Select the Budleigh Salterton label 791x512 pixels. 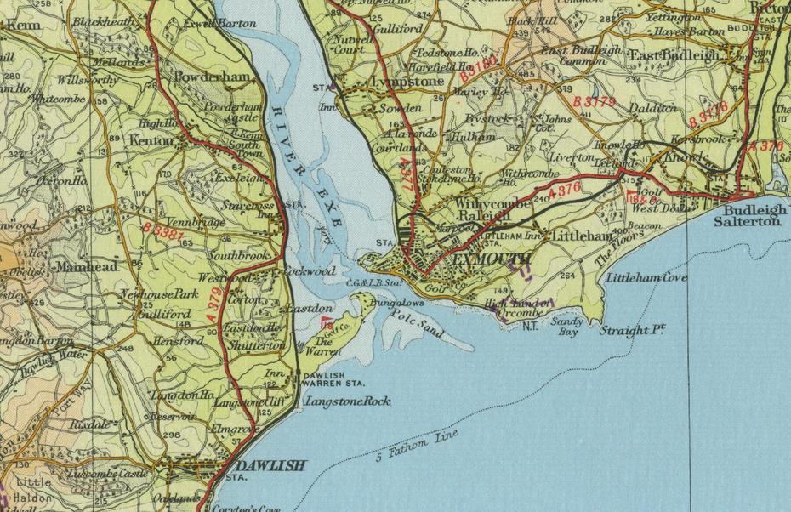tap(753, 214)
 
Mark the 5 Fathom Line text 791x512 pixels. tap(417, 447)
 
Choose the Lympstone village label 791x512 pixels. tap(407, 82)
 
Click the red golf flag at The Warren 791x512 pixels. tap(325, 321)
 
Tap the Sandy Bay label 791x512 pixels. tap(565, 327)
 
